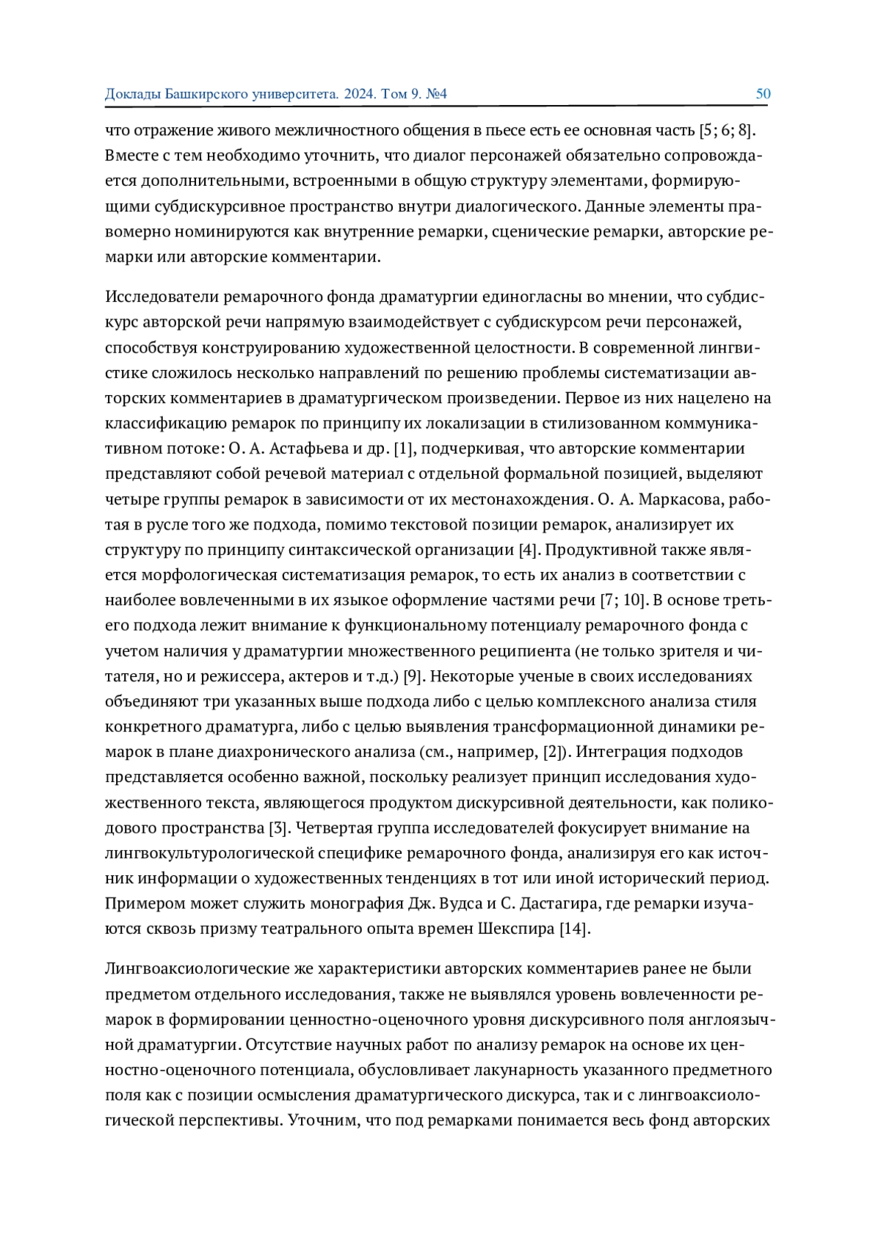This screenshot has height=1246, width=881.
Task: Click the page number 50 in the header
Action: click(x=763, y=94)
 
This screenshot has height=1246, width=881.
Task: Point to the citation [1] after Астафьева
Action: click(x=405, y=449)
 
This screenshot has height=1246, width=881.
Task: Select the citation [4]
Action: click(x=529, y=550)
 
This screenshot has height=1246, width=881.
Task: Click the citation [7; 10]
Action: click(x=623, y=601)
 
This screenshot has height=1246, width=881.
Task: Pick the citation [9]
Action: click(x=414, y=676)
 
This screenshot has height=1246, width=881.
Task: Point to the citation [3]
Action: click(x=278, y=828)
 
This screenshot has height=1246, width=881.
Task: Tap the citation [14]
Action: click(x=574, y=929)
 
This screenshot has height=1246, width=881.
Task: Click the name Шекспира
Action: click(x=516, y=929)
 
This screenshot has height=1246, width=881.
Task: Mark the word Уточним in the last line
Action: click(x=317, y=1120)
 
